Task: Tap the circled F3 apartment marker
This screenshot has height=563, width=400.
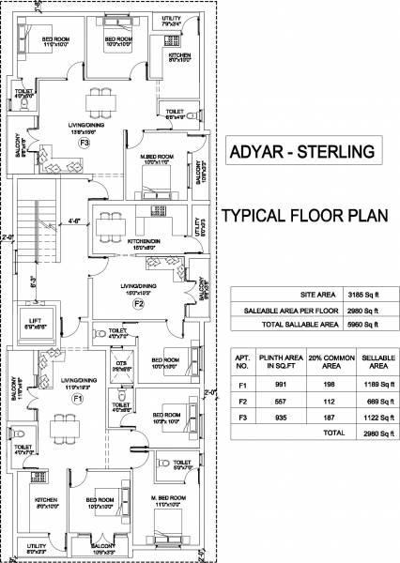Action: [84, 144]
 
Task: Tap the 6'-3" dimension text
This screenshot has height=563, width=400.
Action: [32, 279]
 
